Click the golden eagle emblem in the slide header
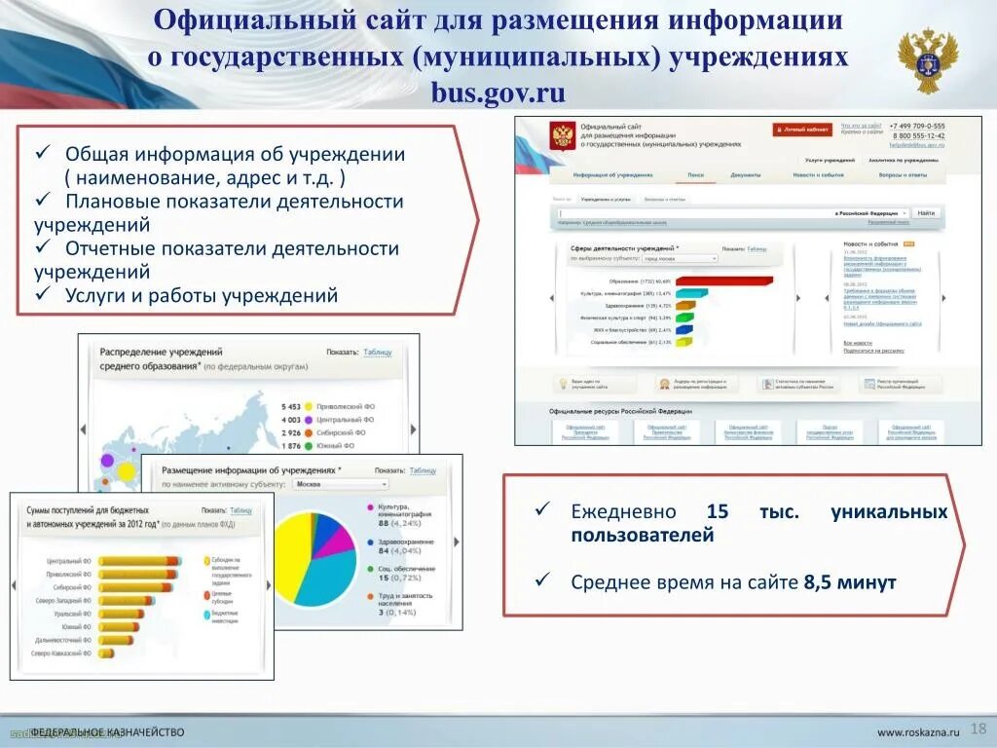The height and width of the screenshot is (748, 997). pyautogui.click(x=927, y=59)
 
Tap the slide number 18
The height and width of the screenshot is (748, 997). pyautogui.click(x=979, y=729)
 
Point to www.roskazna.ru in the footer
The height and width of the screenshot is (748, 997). pyautogui.click(x=918, y=731)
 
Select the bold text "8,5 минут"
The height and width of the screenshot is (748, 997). pyautogui.click(x=849, y=582)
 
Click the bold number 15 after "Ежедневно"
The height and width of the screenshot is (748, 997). pyautogui.click(x=718, y=512)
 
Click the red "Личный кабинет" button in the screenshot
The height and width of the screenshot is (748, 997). pyautogui.click(x=802, y=129)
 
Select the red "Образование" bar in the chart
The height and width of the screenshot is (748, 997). pyautogui.click(x=722, y=280)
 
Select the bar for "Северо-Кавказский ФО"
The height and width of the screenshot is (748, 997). pyautogui.click(x=110, y=653)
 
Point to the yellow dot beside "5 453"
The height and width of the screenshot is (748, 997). pyautogui.click(x=309, y=406)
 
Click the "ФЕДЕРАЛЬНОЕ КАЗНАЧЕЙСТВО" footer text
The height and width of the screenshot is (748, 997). pyautogui.click(x=107, y=731)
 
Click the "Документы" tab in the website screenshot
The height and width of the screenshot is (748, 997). pyautogui.click(x=746, y=176)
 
